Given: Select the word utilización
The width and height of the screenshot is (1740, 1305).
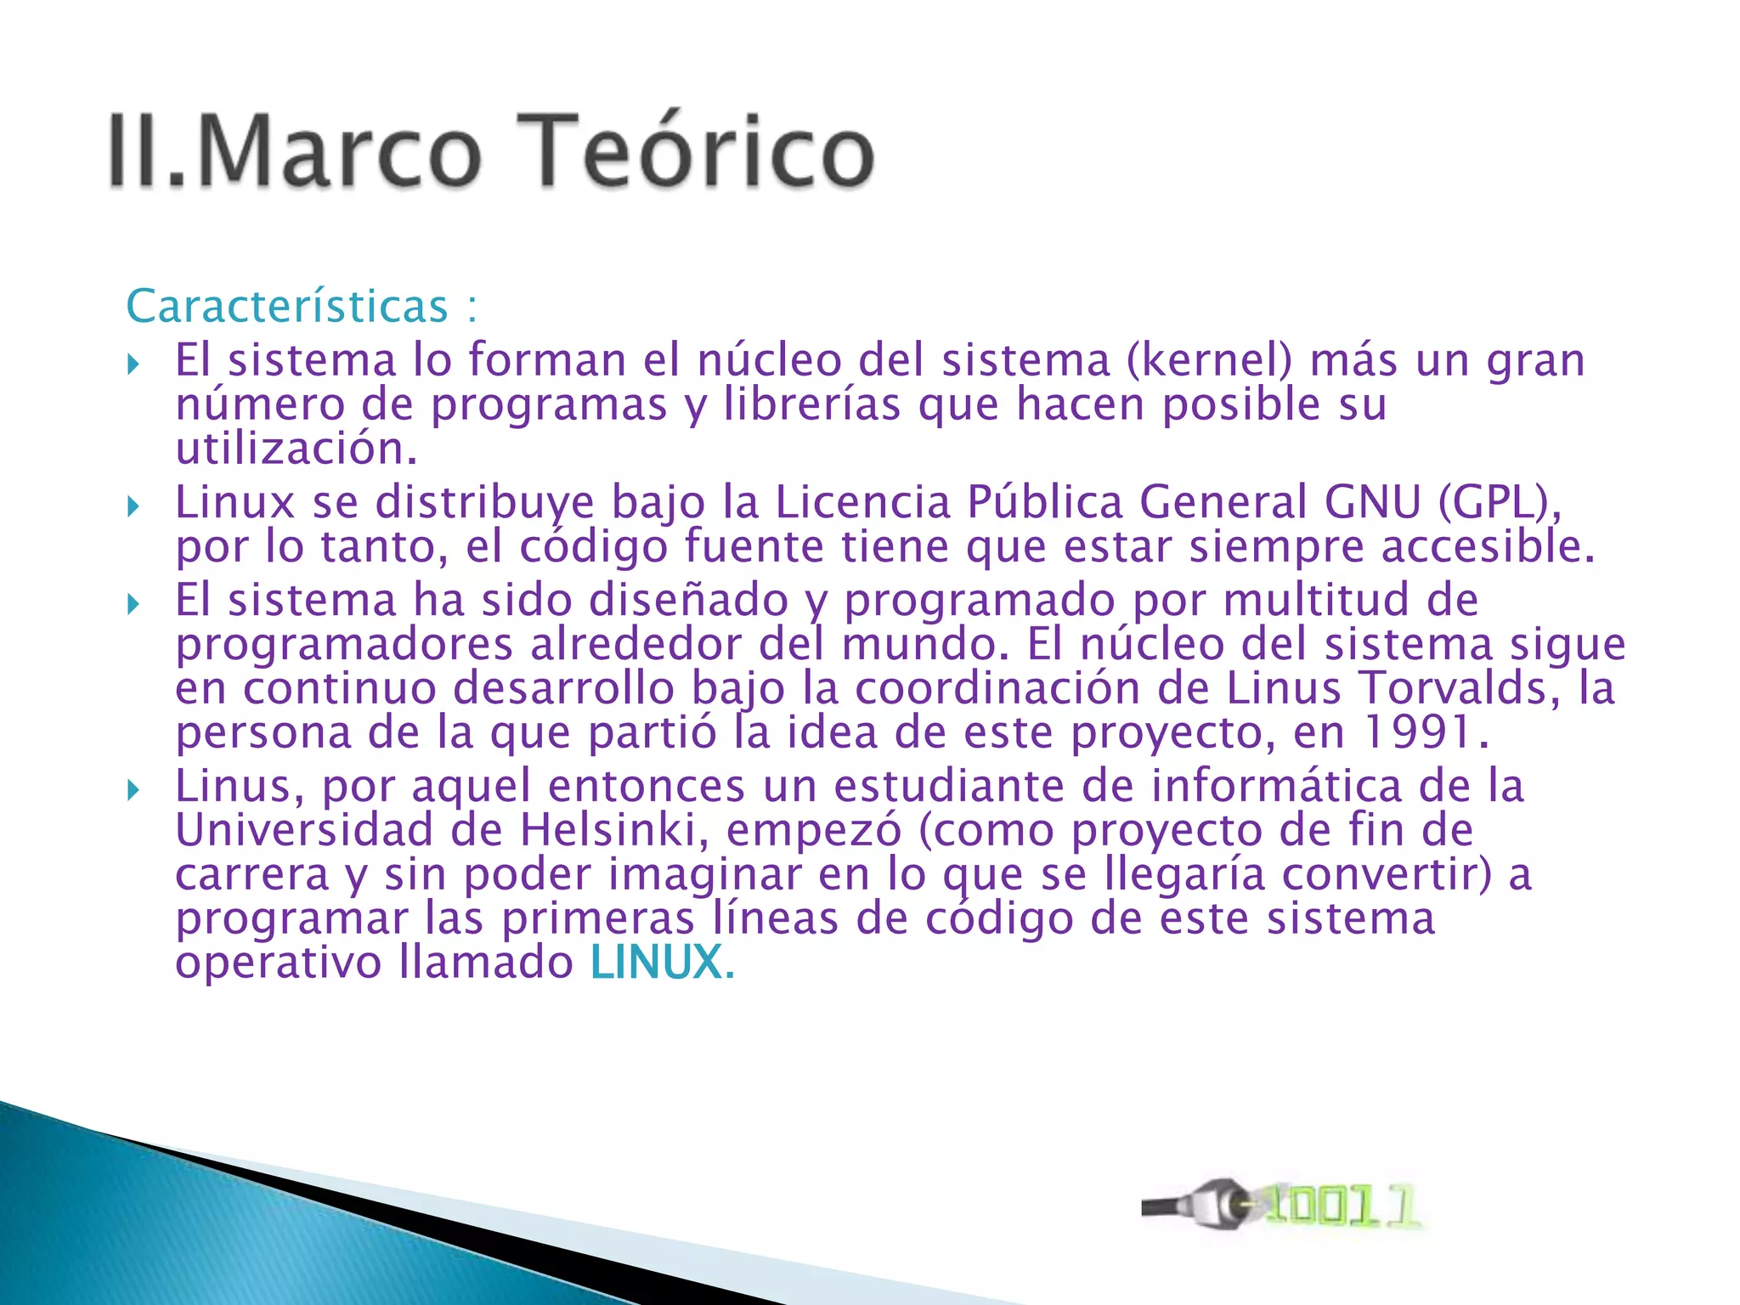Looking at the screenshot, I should pos(297,449).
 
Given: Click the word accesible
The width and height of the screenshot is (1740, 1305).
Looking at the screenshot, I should pos(1488,546).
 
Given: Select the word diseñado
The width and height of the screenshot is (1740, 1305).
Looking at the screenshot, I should pos(688,600).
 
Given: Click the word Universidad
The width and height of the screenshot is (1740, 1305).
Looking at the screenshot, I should pos(304,829).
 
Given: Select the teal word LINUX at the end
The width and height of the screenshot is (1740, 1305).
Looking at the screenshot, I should pos(657,963).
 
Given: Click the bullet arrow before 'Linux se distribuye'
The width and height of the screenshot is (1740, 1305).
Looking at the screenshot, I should pos(133,507).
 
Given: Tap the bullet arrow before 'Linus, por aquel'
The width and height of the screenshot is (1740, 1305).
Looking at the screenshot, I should pos(133,791).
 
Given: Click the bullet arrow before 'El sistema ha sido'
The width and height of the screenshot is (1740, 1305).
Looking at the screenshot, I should pos(133,605).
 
